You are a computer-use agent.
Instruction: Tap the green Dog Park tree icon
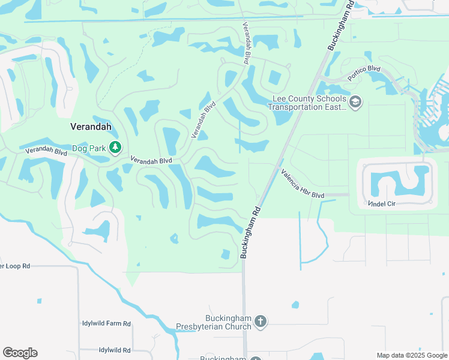(x=115, y=147)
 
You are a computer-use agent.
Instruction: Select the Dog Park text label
(x=89, y=148)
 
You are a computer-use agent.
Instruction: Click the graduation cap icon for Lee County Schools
(x=355, y=102)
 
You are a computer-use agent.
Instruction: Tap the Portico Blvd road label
(x=364, y=73)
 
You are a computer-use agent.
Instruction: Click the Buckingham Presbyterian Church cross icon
(x=261, y=322)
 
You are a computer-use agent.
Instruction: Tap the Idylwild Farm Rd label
(x=106, y=323)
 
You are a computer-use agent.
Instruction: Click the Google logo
(x=20, y=353)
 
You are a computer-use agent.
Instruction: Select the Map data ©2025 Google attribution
(x=412, y=355)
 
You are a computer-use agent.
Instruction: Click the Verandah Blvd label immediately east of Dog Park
(x=151, y=161)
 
